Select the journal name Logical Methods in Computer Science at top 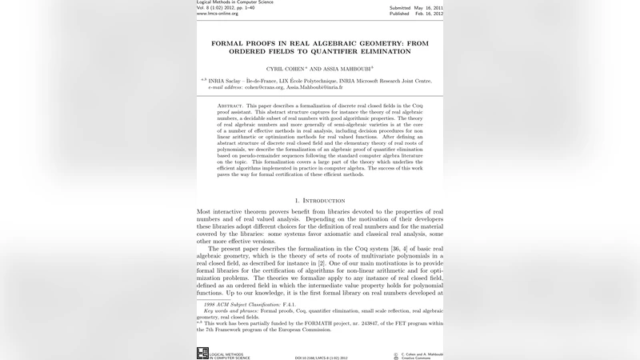(234, 2)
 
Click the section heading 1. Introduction (320, 199)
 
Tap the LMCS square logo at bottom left (202, 353)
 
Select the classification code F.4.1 (275, 305)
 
